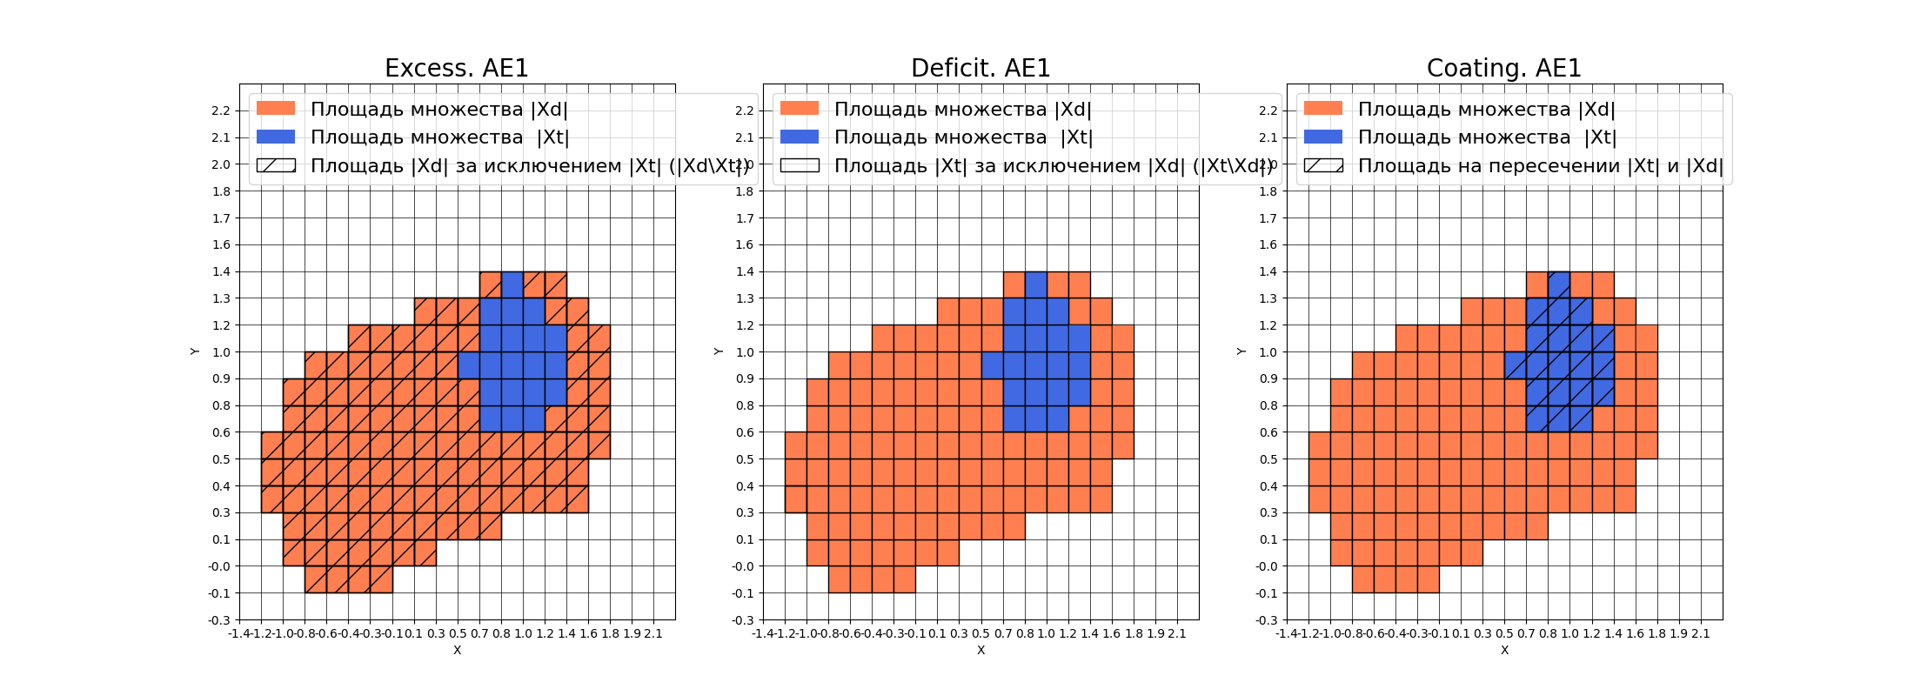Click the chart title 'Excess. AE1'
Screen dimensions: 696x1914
pos(456,68)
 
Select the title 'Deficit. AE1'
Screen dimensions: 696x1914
pos(980,68)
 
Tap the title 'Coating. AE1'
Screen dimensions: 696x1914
pos(1503,68)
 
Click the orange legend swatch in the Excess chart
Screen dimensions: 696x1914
pos(276,109)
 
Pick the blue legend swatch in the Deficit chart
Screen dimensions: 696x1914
pos(800,137)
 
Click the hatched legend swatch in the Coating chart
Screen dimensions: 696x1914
pos(1323,165)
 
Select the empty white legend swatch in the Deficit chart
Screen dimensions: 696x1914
pos(800,165)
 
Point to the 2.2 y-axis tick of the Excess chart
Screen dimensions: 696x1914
pos(221,110)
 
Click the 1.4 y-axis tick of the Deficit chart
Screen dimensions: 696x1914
pos(745,271)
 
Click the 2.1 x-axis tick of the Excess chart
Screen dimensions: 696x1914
pos(652,633)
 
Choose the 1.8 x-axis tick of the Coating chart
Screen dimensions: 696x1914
pos(1656,633)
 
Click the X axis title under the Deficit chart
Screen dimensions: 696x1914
pos(980,650)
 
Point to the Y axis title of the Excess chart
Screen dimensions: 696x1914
pos(195,351)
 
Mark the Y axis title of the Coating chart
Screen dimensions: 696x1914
pos(1241,351)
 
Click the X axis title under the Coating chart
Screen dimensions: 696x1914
pos(1504,650)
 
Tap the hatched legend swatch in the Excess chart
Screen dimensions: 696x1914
pos(276,165)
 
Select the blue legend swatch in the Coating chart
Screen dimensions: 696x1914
pos(1323,137)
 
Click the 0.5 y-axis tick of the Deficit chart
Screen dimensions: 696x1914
pos(745,459)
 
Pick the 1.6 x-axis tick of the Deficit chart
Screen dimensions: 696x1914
pos(1111,633)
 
